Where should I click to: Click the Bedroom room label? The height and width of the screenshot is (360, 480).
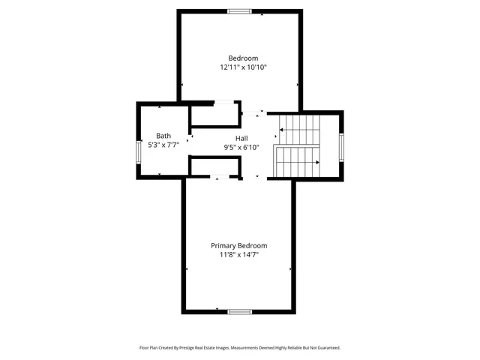point(243,58)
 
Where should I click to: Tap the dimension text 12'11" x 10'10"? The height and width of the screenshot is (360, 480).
point(243,67)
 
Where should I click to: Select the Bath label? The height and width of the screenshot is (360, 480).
point(163,136)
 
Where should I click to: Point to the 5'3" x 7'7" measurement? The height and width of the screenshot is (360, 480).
point(163,144)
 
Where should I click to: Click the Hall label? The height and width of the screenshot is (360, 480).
point(241,139)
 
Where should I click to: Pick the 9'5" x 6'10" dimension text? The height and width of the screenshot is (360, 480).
point(241,148)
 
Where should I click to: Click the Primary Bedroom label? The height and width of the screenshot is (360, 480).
point(238,245)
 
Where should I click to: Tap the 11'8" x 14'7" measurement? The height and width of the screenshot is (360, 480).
point(238,255)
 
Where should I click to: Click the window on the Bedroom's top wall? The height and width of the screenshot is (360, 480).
point(239,11)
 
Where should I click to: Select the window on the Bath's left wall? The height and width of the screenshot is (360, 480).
point(138,151)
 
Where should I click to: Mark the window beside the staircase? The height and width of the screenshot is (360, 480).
point(341,145)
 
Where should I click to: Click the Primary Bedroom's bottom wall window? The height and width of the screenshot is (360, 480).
point(239,311)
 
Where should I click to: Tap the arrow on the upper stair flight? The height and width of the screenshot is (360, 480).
point(282,130)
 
